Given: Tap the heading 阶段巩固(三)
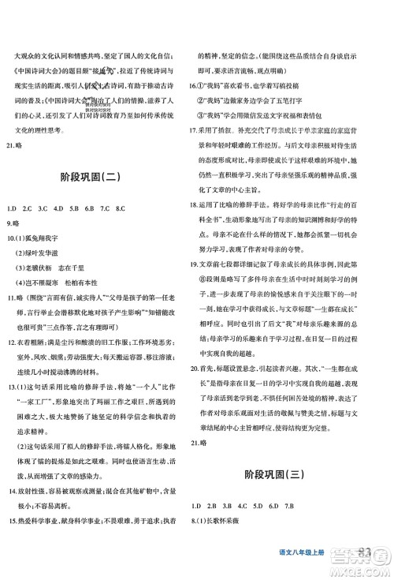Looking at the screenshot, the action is (x=292, y=496).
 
